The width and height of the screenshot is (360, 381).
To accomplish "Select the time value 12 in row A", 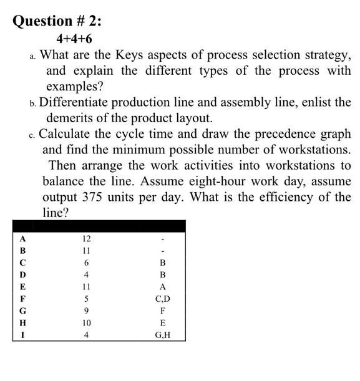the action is coord(86,239).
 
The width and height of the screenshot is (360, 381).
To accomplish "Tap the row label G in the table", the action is coord(23,311).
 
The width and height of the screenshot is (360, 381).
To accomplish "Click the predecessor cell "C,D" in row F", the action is coord(163,299).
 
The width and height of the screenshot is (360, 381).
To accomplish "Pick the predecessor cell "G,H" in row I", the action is coord(163,335).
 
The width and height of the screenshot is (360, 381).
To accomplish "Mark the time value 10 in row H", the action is coord(86,323).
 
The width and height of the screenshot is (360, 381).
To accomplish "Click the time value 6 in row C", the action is coord(86,263).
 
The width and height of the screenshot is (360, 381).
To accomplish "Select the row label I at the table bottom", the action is coord(23,335).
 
